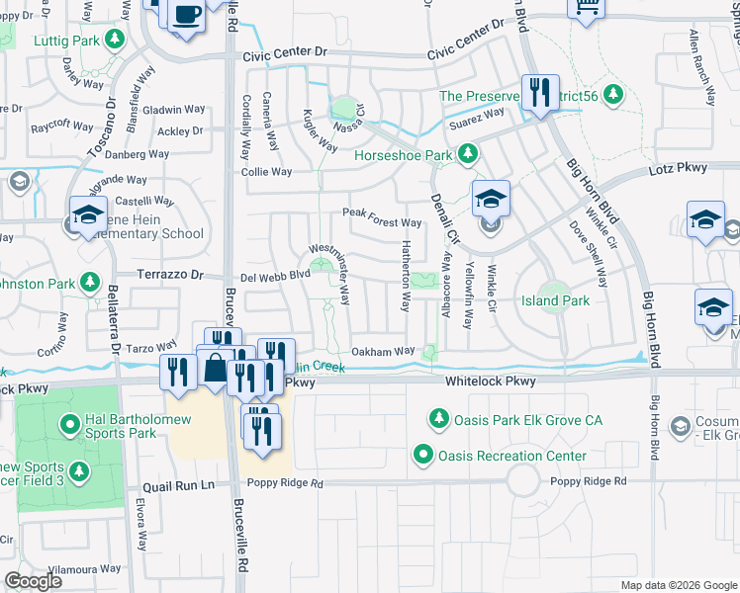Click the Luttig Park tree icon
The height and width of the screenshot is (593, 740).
coord(115,39)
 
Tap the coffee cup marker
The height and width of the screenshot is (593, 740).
coord(186,15)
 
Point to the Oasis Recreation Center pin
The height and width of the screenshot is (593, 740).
coord(423,456)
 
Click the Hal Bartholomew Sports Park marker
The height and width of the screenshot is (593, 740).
coord(70,426)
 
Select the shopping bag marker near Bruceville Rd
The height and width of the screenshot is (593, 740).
coord(215,368)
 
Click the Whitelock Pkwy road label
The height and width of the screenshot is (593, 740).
coord(490,381)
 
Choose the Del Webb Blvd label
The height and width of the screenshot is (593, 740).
coord(269,277)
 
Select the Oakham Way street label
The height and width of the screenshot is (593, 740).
coord(383,351)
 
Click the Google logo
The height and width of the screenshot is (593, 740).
coord(33,581)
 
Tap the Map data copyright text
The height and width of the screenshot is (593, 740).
coord(678,585)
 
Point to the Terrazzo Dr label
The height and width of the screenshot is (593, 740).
coord(169,276)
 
